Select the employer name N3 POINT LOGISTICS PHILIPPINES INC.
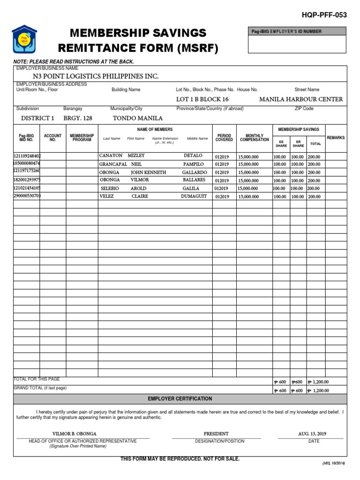click(x=96, y=76)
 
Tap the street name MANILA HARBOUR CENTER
click(x=301, y=99)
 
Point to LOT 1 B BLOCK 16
click(x=202, y=99)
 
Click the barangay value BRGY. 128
click(x=78, y=118)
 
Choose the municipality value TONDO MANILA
click(x=138, y=118)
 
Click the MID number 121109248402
click(x=27, y=156)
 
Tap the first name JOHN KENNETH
click(x=148, y=172)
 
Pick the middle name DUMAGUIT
click(x=194, y=196)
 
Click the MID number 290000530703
click(x=27, y=195)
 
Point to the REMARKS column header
click(x=336, y=138)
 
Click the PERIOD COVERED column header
click(x=224, y=138)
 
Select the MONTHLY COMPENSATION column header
click(x=255, y=138)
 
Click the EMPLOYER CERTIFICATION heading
click(x=180, y=398)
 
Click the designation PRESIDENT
click(x=216, y=434)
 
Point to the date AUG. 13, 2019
click(x=311, y=434)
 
